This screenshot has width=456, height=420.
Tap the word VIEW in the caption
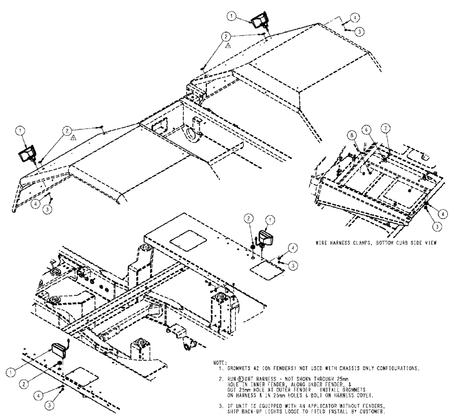(431, 243)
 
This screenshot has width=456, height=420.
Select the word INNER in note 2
(257, 383)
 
